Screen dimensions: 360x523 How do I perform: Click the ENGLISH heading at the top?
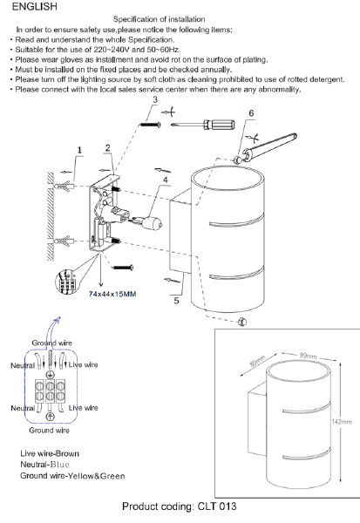pos(34,7)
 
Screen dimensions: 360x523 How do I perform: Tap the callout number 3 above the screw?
pos(155,99)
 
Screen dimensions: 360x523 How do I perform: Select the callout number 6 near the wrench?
pos(251,113)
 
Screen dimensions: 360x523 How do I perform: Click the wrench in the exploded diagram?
pos(270,148)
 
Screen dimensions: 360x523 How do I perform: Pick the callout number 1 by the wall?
pos(79,150)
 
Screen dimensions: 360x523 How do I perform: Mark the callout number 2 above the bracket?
pos(107,148)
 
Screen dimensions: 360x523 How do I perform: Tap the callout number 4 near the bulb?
pos(166,180)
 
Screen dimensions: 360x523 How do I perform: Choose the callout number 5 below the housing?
pos(176,301)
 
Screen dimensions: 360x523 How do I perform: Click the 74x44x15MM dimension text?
pos(112,295)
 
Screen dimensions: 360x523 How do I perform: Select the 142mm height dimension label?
pos(342,422)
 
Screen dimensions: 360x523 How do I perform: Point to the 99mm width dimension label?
pos(308,356)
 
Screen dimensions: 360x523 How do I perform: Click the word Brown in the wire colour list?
pos(67,453)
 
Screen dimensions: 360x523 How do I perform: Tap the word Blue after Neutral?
pos(60,465)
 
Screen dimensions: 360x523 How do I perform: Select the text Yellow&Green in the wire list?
pos(96,476)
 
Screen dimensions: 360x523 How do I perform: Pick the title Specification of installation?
pos(160,19)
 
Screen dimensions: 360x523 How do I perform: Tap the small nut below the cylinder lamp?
pos(242,323)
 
